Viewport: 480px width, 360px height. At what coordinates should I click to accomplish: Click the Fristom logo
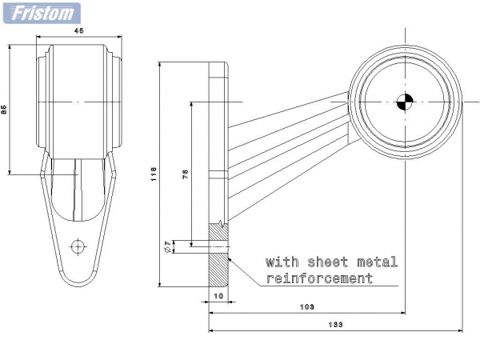coord(42,13)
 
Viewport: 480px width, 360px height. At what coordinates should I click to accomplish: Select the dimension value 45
coord(79,30)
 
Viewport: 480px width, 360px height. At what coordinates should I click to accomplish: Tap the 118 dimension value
coord(154,174)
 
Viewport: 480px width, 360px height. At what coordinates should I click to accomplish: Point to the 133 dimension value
coord(335,325)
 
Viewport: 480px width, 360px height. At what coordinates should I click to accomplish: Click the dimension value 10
coord(218,296)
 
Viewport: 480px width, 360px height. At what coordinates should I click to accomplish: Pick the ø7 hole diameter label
coord(167,246)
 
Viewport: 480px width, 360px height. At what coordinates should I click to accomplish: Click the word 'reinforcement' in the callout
coord(319,278)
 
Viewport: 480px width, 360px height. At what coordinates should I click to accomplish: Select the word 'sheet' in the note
coord(328,262)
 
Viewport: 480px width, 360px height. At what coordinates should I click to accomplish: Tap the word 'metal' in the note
coord(377,262)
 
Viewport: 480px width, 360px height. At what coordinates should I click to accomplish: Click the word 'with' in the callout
coord(282,262)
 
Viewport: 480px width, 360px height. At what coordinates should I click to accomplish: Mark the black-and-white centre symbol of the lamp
coord(405,102)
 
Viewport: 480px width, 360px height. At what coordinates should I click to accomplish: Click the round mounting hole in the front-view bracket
coord(78,246)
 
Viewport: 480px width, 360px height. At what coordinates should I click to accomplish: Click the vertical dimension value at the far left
coord(4,110)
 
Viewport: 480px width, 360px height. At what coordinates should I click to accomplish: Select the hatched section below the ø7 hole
coord(218,270)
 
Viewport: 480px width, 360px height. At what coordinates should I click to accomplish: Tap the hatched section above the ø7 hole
coord(218,232)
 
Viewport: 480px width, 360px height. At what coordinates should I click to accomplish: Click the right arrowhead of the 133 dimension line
coord(460,330)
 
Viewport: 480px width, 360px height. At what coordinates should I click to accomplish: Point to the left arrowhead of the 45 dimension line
coord(39,37)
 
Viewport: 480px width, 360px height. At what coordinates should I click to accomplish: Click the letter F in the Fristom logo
coord(18,13)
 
